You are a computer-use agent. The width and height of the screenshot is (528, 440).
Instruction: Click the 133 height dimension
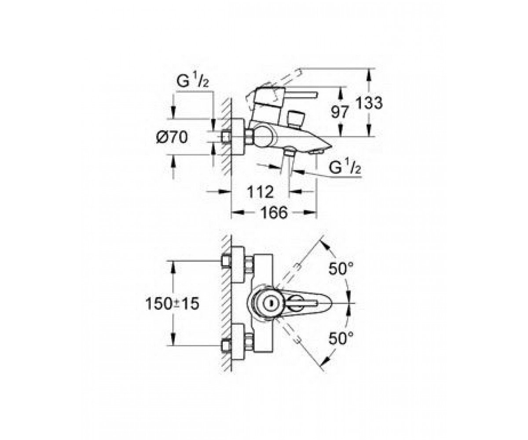[369, 103]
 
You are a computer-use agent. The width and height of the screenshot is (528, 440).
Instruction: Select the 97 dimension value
[340, 112]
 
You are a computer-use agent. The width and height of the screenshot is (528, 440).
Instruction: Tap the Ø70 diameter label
[172, 137]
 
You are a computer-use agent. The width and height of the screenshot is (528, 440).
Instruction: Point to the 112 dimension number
[260, 192]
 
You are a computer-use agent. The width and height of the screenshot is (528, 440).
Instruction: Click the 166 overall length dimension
[274, 213]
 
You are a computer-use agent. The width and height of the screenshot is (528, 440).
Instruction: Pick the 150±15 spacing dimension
[172, 304]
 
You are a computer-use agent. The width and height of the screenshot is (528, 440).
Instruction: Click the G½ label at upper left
[193, 79]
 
